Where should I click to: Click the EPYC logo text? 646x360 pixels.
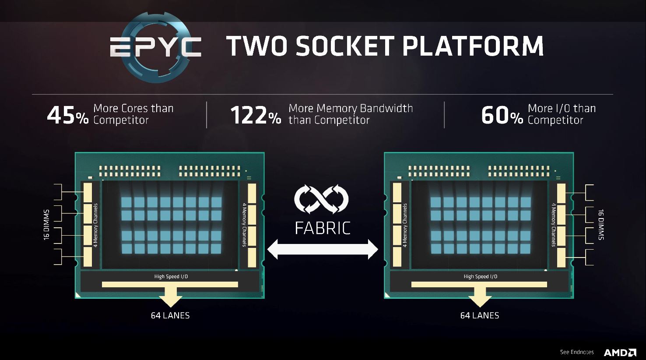[155, 46]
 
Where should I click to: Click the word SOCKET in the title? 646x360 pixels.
[345, 46]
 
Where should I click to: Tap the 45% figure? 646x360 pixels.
[68, 116]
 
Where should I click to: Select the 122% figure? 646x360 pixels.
[256, 116]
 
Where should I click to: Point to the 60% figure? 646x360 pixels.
[502, 116]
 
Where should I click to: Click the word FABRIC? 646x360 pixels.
[323, 228]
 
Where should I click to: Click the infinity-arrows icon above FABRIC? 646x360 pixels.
[321, 199]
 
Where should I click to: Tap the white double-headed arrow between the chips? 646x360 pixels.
[323, 249]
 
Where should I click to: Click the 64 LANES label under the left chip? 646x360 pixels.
[170, 315]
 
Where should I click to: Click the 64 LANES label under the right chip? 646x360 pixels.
[480, 315]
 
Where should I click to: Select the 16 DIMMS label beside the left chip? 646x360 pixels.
[46, 225]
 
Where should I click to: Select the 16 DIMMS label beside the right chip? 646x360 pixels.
[601, 225]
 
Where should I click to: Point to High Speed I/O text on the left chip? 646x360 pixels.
[171, 276]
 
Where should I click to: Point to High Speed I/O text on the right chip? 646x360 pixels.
[481, 276]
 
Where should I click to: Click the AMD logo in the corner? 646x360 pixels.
[620, 353]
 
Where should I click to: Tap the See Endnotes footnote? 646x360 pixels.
[577, 352]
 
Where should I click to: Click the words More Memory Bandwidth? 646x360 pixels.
[351, 108]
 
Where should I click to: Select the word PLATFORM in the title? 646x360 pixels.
[473, 46]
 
